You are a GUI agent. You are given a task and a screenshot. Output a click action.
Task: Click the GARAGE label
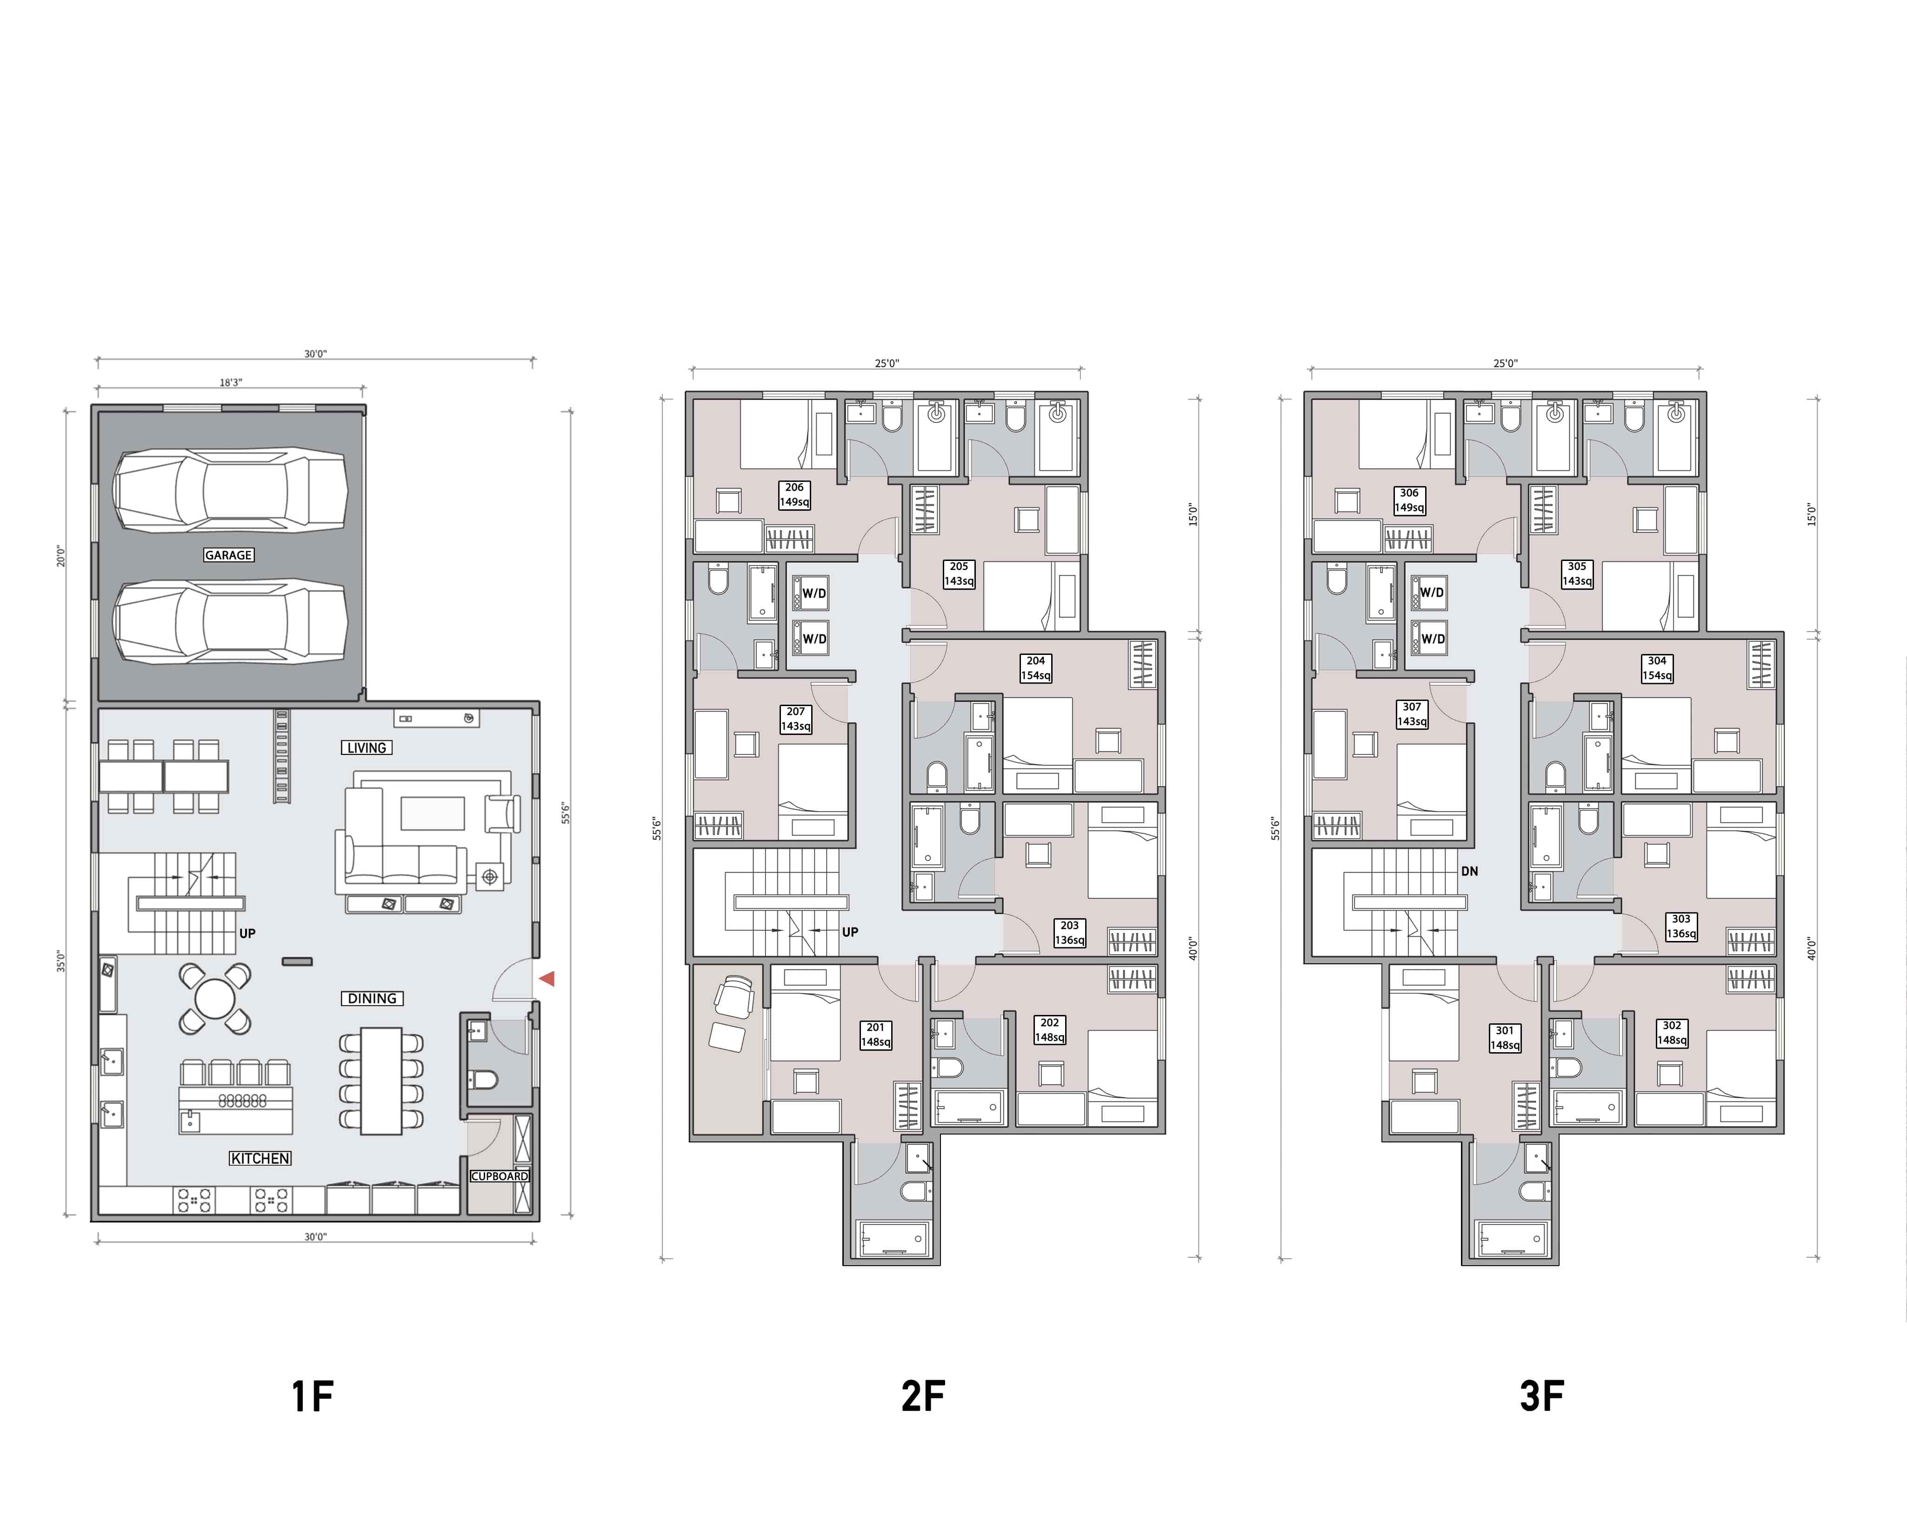(228, 555)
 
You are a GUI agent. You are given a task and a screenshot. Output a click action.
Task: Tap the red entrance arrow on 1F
(547, 979)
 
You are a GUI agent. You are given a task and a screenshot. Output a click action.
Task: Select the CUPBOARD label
(499, 1176)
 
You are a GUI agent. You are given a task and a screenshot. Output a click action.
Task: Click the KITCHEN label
(260, 1158)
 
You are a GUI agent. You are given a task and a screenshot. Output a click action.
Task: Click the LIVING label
(366, 747)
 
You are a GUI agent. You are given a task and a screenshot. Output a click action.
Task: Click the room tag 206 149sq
(794, 494)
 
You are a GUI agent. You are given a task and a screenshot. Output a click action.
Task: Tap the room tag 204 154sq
(1036, 668)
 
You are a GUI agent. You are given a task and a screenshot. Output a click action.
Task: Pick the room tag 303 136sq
(1680, 926)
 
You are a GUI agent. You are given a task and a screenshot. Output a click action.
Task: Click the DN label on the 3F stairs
(1469, 871)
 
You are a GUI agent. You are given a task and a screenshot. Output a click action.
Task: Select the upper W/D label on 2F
(814, 593)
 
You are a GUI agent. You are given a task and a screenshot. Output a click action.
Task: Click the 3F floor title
(1542, 1396)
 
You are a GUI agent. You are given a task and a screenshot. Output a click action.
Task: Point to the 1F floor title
(312, 1396)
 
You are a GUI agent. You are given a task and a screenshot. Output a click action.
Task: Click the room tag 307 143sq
(1412, 714)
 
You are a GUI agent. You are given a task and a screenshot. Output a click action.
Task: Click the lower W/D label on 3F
(1432, 639)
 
